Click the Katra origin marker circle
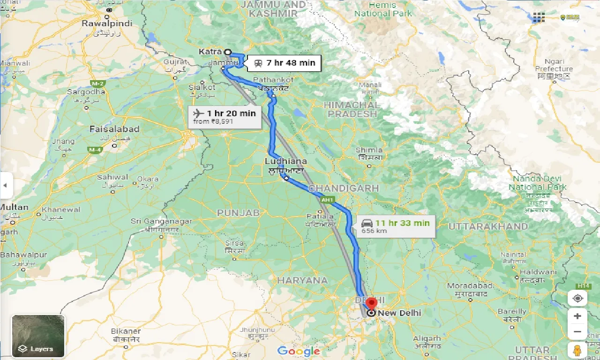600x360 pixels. click(x=228, y=52)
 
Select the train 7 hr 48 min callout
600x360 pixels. click(x=284, y=62)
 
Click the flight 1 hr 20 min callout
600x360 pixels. click(x=225, y=117)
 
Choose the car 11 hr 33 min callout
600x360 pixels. click(x=395, y=226)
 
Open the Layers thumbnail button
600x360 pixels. click(x=38, y=336)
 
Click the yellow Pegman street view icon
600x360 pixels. click(x=577, y=350)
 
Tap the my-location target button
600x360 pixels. click(x=577, y=299)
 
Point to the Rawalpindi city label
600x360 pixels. click(x=107, y=23)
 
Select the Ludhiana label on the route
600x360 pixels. click(x=285, y=161)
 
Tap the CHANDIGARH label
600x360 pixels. click(x=344, y=188)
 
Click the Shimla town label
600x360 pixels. click(x=369, y=150)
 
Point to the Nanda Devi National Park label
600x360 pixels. click(x=539, y=183)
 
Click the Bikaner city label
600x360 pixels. click(x=126, y=331)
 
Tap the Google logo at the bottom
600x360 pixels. click(x=299, y=351)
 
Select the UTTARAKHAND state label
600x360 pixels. click(x=488, y=226)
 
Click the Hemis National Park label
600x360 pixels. click(x=383, y=9)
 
